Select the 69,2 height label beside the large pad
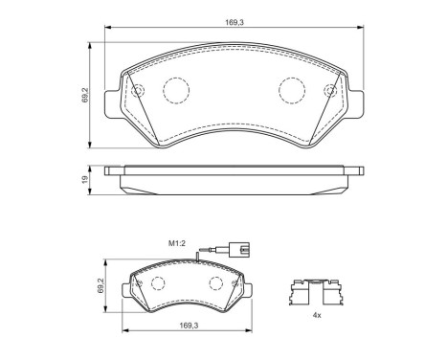[86, 96]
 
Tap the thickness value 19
[86, 178]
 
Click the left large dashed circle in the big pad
[176, 90]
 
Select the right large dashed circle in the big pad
[291, 90]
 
